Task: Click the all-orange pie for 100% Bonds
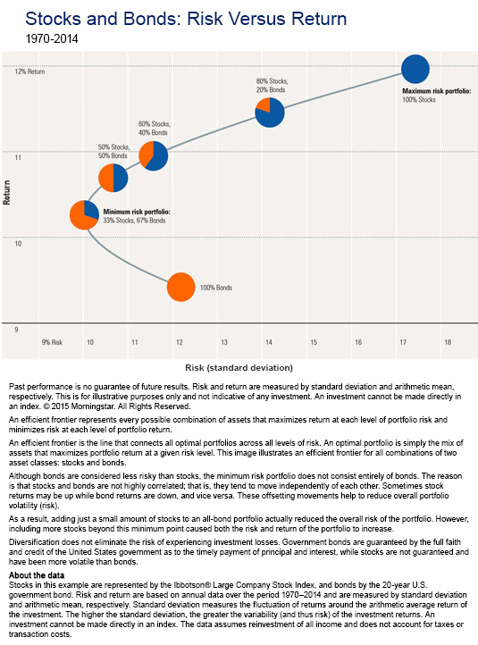(x=180, y=287)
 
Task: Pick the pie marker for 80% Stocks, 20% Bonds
(x=269, y=112)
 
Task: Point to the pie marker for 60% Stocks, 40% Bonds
(x=154, y=156)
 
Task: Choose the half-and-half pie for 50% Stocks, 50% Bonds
(x=113, y=178)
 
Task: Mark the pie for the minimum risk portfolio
(x=84, y=214)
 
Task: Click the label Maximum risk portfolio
(x=436, y=91)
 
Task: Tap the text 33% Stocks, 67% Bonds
(x=135, y=220)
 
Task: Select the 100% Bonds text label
(x=216, y=288)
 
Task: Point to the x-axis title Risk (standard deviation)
(x=239, y=366)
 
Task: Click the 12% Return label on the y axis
(x=30, y=71)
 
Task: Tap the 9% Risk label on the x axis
(x=52, y=342)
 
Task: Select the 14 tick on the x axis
(x=268, y=342)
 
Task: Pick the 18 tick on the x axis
(x=448, y=342)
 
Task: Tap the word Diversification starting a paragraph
(x=33, y=540)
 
